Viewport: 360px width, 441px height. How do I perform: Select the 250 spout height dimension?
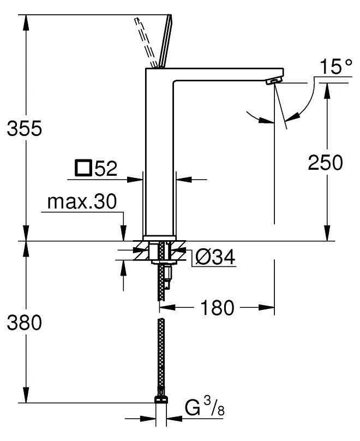[x=326, y=162]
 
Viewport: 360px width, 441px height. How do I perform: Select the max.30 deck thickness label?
[x=82, y=202]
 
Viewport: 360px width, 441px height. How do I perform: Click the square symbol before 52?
[x=84, y=168]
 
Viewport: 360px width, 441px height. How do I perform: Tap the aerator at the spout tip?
[x=272, y=82]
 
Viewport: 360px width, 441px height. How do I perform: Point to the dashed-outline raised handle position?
[x=145, y=41]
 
